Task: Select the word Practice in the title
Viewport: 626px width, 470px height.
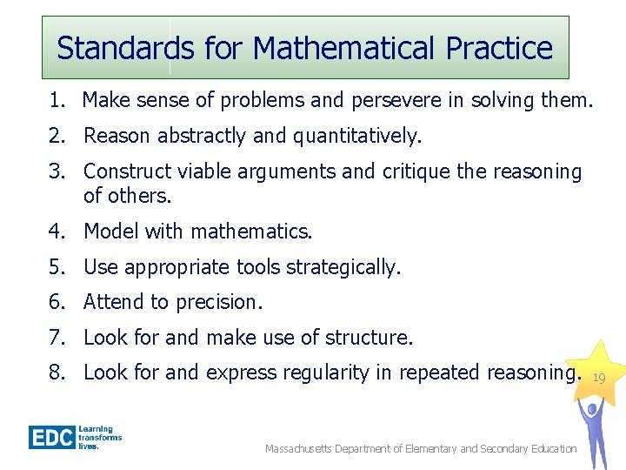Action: click(x=499, y=48)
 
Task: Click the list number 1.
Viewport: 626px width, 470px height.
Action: click(x=57, y=101)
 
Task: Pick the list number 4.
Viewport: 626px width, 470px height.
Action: click(x=57, y=232)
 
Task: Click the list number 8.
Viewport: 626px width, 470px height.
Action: click(x=57, y=373)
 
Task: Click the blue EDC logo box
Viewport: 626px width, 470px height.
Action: click(x=51, y=437)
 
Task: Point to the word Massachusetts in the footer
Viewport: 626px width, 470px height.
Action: click(x=303, y=449)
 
